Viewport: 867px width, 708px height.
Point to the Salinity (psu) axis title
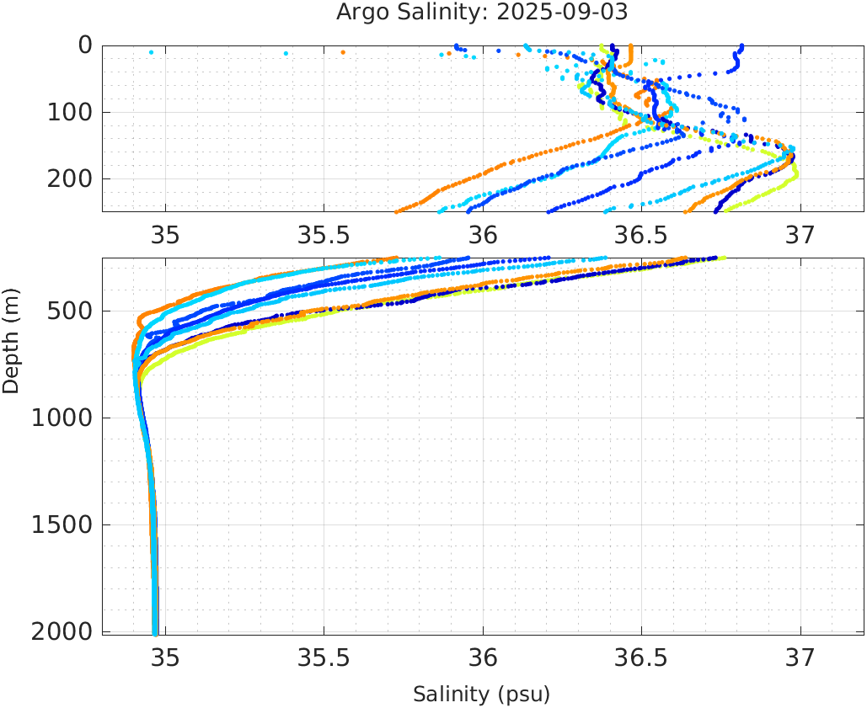(x=481, y=695)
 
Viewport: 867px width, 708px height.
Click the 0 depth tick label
(x=85, y=45)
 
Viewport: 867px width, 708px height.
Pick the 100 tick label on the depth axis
(x=70, y=112)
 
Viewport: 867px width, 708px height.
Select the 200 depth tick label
(x=70, y=178)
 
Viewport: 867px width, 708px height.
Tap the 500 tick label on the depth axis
(x=70, y=311)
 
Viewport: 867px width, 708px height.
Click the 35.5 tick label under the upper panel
(x=324, y=237)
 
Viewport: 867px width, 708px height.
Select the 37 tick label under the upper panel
(x=800, y=237)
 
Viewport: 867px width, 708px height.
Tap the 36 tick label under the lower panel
(x=483, y=657)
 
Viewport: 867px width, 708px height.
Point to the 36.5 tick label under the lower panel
(x=641, y=657)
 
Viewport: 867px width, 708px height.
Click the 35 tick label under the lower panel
(x=165, y=657)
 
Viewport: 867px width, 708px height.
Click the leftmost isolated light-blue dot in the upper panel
(x=151, y=52)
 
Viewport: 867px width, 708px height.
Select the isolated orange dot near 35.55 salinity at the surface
(x=343, y=52)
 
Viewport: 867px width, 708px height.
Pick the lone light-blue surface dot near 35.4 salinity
(x=286, y=53)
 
